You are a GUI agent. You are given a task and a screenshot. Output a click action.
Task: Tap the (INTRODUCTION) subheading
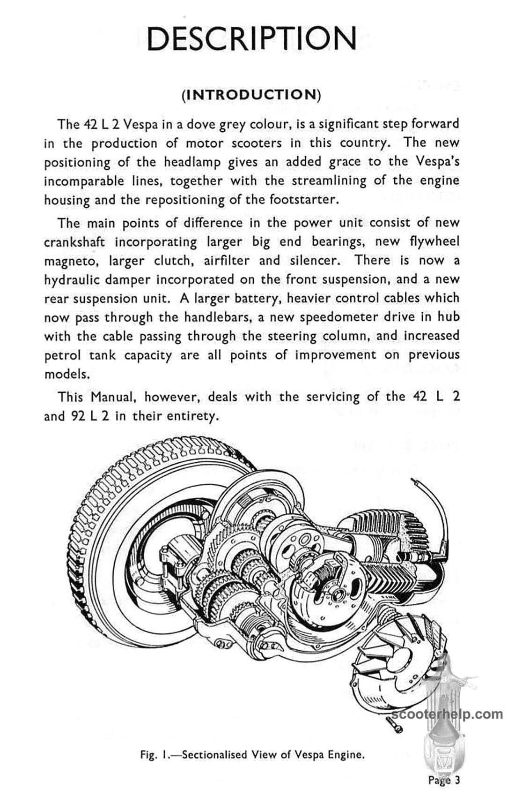(x=251, y=94)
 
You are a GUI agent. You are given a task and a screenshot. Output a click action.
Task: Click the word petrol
(x=62, y=355)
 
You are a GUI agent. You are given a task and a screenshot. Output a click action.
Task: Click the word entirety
(x=192, y=416)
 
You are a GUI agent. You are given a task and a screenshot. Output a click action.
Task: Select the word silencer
(x=315, y=261)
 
